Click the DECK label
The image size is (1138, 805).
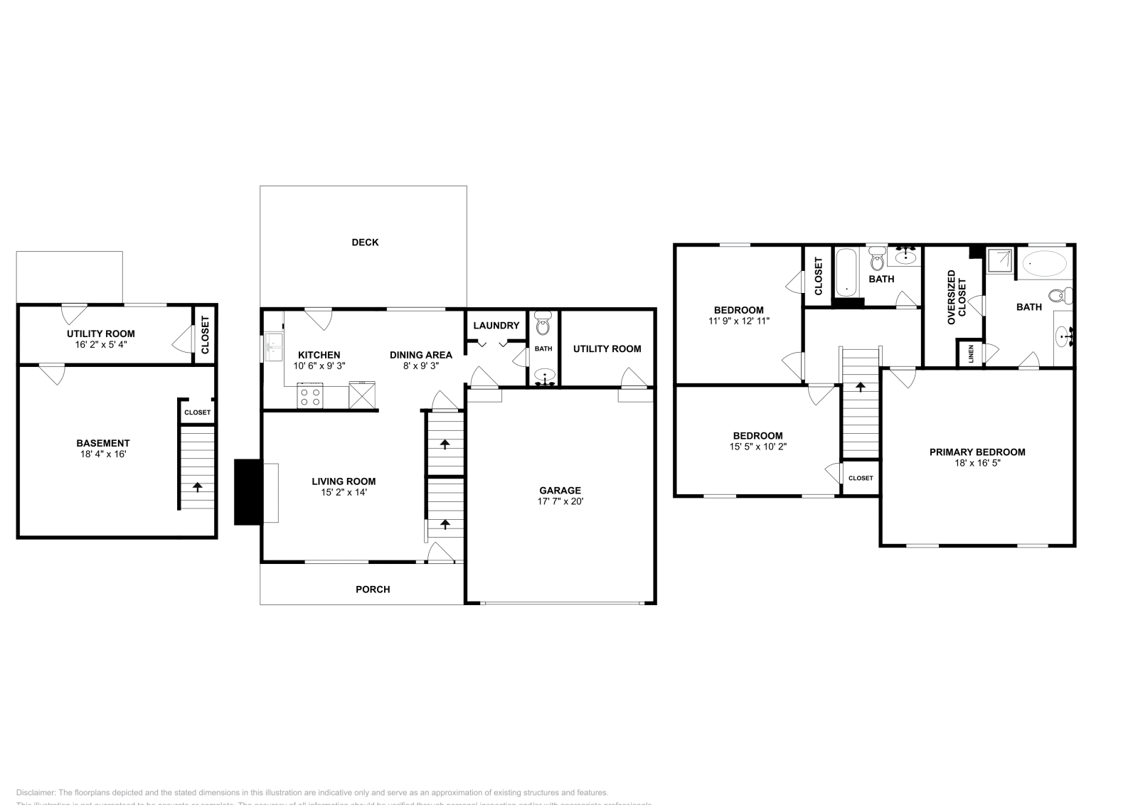(365, 242)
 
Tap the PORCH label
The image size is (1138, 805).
(373, 590)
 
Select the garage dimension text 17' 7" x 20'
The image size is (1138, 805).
(560, 501)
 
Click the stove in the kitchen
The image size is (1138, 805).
(310, 396)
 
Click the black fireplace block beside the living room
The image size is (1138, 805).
(248, 492)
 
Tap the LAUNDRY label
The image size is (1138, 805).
(496, 326)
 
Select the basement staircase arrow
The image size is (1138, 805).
(197, 487)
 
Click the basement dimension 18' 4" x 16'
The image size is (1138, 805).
(103, 454)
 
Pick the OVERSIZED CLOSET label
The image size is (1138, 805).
(957, 297)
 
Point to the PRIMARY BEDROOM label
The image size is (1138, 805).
(977, 452)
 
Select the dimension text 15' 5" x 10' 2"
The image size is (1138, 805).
(757, 447)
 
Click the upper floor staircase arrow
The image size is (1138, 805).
(861, 388)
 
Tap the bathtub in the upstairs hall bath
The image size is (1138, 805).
(846, 272)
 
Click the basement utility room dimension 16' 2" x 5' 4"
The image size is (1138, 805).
(100, 344)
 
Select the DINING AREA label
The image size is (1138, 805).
(420, 355)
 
